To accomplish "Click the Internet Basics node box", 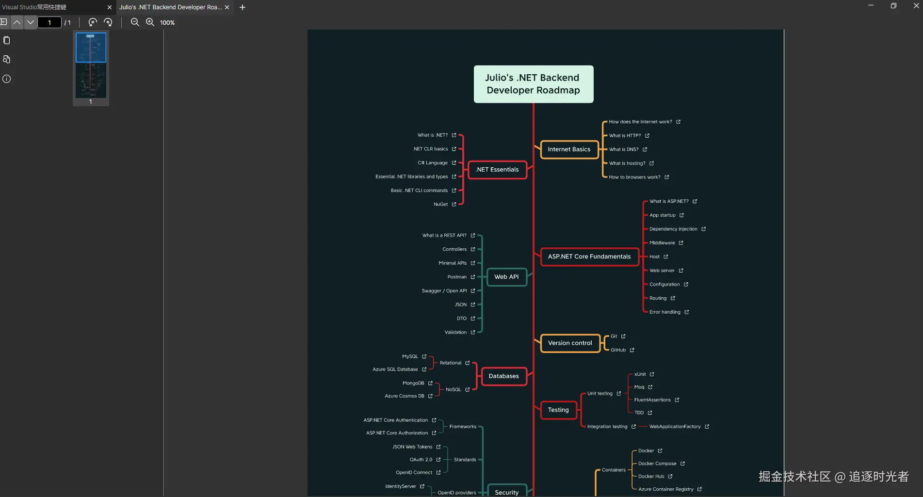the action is (x=569, y=149).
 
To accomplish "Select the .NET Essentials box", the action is (x=497, y=170).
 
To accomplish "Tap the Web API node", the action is (x=506, y=277).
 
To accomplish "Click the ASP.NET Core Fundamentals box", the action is (x=589, y=257).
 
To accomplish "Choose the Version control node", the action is (x=570, y=343).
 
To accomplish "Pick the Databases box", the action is (x=503, y=376).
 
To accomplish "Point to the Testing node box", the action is (x=558, y=410).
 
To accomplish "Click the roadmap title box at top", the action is (x=534, y=84).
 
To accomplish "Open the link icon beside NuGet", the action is (x=454, y=205).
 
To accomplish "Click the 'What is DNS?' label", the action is (x=624, y=149).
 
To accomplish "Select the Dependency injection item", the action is (x=673, y=229).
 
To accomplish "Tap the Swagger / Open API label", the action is (x=444, y=291).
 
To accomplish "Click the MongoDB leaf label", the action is (x=413, y=383).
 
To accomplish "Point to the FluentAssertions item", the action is (x=652, y=400).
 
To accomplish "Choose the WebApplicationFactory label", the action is (x=675, y=427).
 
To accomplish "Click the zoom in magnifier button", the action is (x=150, y=22).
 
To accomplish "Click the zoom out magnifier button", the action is (x=135, y=22).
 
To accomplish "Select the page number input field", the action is (x=49, y=22).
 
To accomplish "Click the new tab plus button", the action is (x=243, y=7).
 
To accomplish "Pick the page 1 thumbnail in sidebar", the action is (x=91, y=65).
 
